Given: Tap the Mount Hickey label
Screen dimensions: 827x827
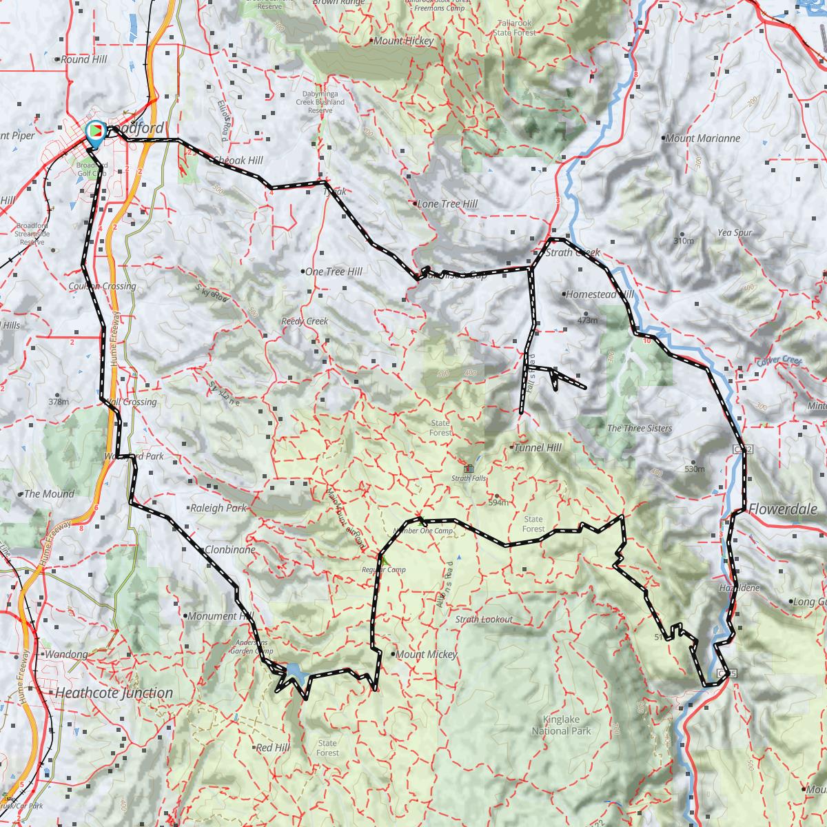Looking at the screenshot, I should (x=403, y=41).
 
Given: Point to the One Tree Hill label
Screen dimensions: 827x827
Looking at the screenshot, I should (x=333, y=272).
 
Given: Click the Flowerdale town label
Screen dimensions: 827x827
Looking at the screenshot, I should (x=783, y=510).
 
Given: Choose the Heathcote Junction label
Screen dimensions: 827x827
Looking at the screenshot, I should (x=114, y=693).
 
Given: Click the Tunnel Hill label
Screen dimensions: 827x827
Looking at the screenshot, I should (x=538, y=448).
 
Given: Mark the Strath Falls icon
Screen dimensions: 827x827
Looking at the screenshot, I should (x=469, y=469).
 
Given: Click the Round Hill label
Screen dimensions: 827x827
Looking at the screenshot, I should (x=84, y=60).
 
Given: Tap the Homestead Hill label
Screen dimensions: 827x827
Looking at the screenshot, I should (x=599, y=294).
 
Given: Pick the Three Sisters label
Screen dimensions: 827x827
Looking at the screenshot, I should (x=639, y=429).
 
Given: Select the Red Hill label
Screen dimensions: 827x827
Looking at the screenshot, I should (x=273, y=748).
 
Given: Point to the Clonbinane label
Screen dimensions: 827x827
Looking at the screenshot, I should (x=230, y=550).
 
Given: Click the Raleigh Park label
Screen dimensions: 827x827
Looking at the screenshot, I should (x=218, y=509).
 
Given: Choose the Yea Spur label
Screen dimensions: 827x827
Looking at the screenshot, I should (x=735, y=233).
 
